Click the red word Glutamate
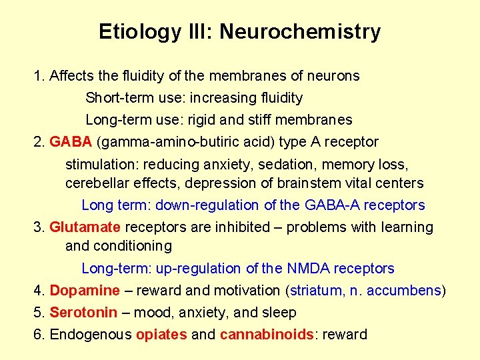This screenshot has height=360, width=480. point(85,227)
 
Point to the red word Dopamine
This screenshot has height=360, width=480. point(85,291)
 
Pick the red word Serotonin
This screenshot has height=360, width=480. point(83,313)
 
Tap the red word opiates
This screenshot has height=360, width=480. point(161,335)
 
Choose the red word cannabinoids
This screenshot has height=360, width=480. point(267,335)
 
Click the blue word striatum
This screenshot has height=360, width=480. point(313,291)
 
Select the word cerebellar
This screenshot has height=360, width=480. point(95,183)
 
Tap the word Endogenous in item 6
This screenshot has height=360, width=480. point(91,335)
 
